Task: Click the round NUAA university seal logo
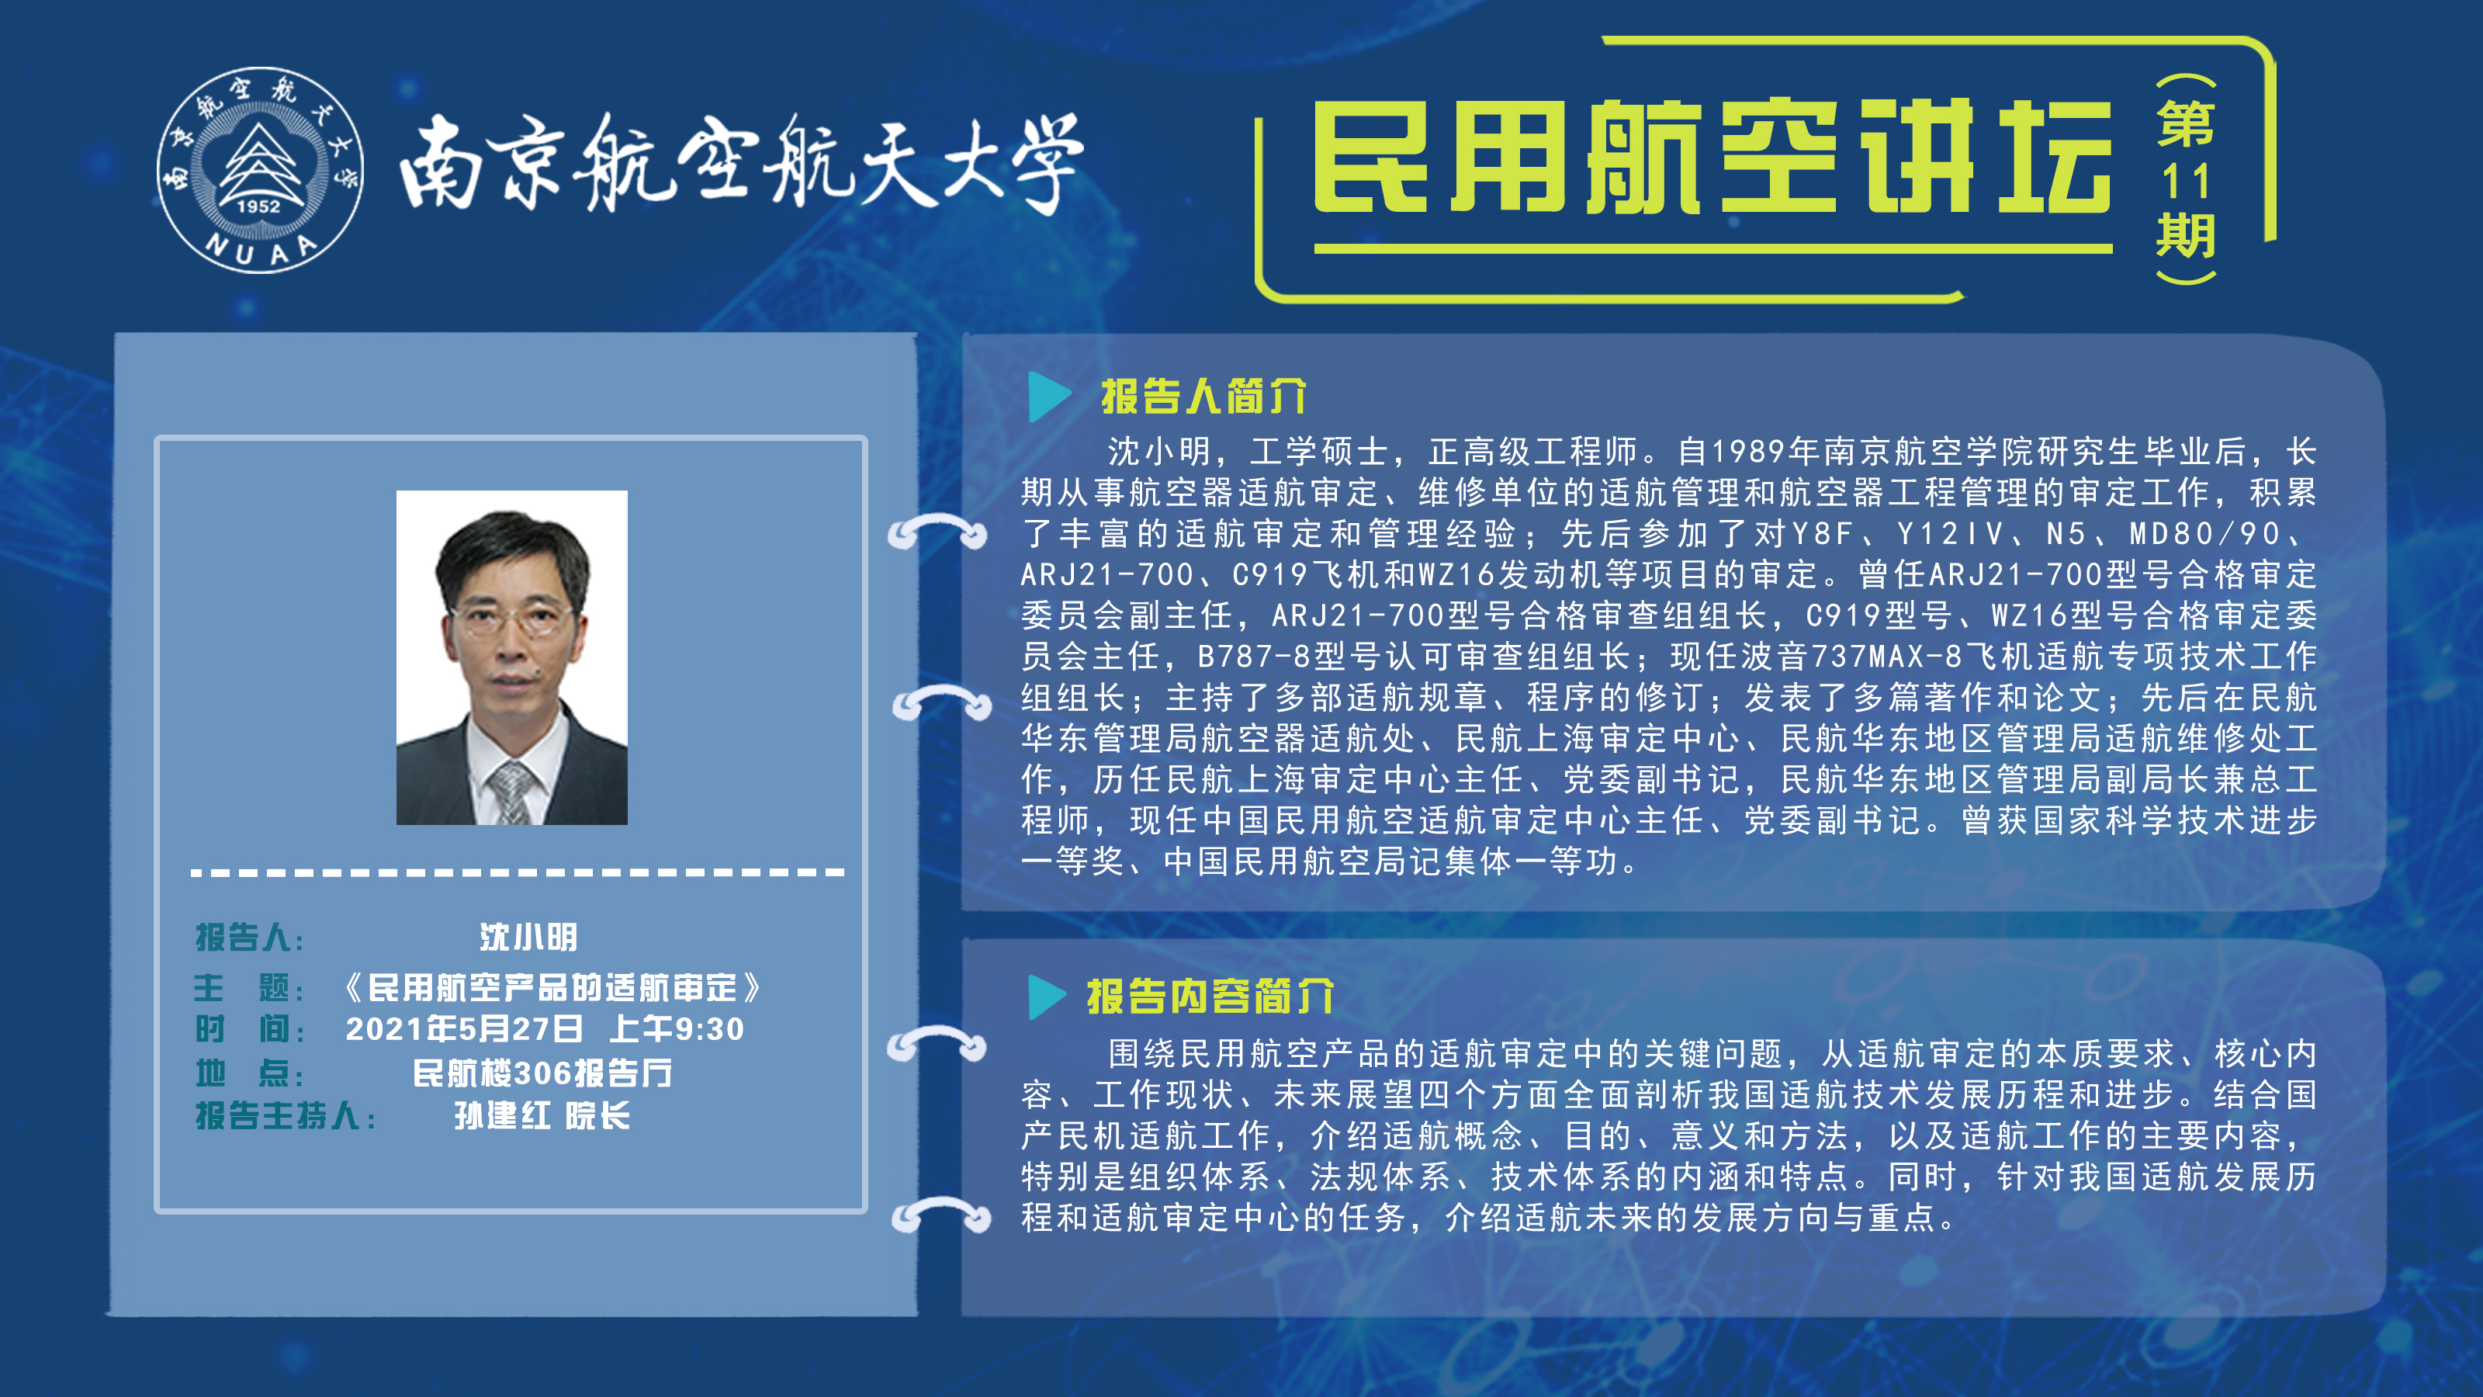click(x=260, y=170)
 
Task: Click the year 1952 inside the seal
click(x=258, y=206)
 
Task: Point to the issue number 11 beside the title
click(x=2185, y=182)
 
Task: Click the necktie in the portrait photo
click(x=511, y=792)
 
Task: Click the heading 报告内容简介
click(x=1210, y=996)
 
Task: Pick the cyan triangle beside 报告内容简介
click(x=1047, y=997)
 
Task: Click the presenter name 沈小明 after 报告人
click(x=529, y=936)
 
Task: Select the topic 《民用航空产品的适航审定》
click(x=553, y=987)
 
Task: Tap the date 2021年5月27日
click(x=465, y=1028)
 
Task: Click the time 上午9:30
click(x=677, y=1028)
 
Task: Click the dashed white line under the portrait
click(x=518, y=872)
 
